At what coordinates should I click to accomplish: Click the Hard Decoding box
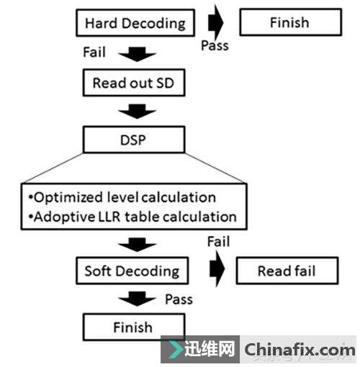pos(135,23)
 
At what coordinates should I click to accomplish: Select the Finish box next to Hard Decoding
pos(291,22)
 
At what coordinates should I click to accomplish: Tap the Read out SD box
pos(134,83)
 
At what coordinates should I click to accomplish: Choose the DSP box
pos(134,140)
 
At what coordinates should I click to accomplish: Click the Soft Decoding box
pos(132,271)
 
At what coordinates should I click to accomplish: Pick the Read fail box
pos(287,271)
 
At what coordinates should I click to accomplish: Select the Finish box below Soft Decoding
pos(134,327)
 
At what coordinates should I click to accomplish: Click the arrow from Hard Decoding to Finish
pos(216,23)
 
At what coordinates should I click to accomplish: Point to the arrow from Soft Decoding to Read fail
pos(217,268)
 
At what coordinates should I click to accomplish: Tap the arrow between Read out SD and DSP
pos(137,112)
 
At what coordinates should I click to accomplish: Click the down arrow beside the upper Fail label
pos(137,54)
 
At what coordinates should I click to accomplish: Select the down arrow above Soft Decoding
pos(137,245)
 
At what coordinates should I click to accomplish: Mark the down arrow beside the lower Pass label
pos(137,299)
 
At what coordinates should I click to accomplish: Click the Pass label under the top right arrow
pos(215,45)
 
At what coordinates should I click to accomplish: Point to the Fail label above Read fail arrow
pos(218,241)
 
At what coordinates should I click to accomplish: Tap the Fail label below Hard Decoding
pos(94,52)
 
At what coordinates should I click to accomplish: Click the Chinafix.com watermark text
pos(300,350)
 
